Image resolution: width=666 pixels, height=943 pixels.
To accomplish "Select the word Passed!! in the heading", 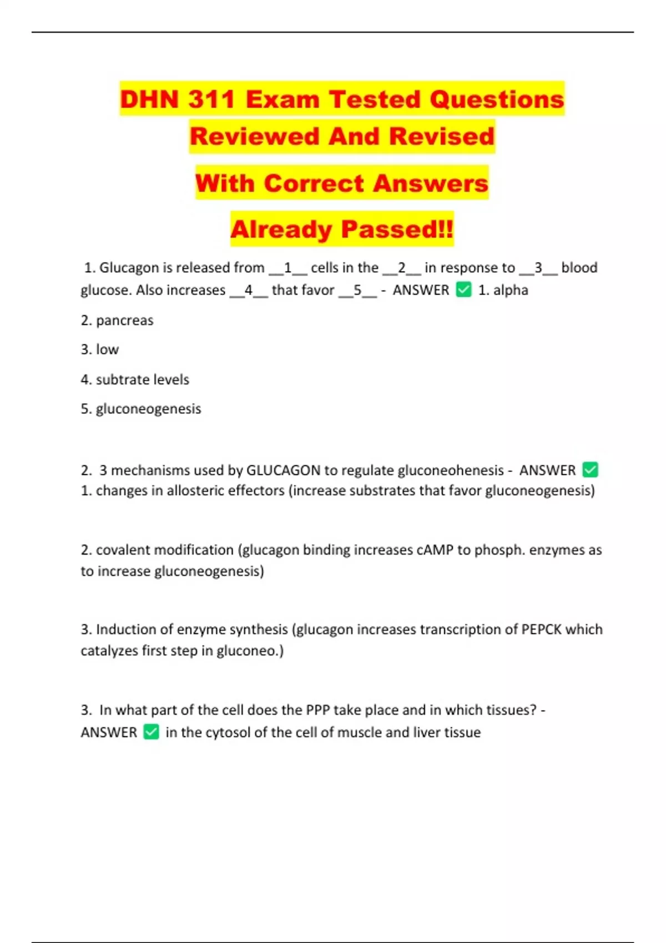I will click(x=397, y=229).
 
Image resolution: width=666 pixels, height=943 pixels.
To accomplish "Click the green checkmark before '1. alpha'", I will click(x=463, y=290).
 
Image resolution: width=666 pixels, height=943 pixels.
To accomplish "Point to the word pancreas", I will click(x=124, y=321).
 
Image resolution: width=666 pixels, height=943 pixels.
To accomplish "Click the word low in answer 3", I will click(x=107, y=349).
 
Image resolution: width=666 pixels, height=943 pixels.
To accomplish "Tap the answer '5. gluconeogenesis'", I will click(x=141, y=409).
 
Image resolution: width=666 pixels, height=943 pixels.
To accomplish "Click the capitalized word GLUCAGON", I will click(x=283, y=470).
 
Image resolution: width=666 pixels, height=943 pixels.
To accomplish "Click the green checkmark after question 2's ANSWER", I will click(x=590, y=470).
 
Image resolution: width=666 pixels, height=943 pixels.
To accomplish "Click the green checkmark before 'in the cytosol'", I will click(x=151, y=732).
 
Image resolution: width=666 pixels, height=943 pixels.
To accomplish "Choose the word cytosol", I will click(x=228, y=733).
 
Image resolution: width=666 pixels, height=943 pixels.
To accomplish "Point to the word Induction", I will click(x=126, y=630).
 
